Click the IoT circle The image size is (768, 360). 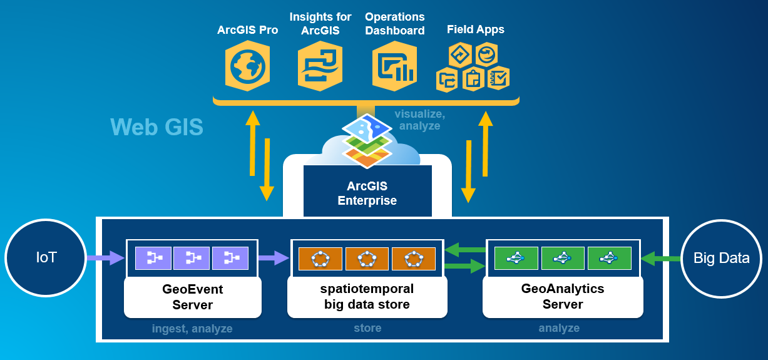[x=45, y=258]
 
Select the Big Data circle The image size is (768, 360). [x=721, y=258]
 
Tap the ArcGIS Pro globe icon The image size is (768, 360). [x=247, y=65]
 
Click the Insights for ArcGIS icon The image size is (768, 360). [x=320, y=65]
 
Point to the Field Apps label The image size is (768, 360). [x=476, y=29]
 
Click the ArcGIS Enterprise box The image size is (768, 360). [x=367, y=193]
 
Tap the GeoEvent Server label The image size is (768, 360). [x=193, y=297]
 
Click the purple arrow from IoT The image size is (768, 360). [x=106, y=257]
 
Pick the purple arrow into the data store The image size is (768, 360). [x=274, y=257]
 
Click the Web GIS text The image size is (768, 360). [x=157, y=127]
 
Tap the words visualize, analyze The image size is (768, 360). [x=419, y=120]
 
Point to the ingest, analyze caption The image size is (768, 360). [x=192, y=329]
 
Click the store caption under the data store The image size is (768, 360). [x=367, y=328]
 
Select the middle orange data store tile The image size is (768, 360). [x=367, y=258]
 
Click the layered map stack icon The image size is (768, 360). [x=367, y=140]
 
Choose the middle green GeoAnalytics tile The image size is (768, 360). [x=563, y=258]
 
